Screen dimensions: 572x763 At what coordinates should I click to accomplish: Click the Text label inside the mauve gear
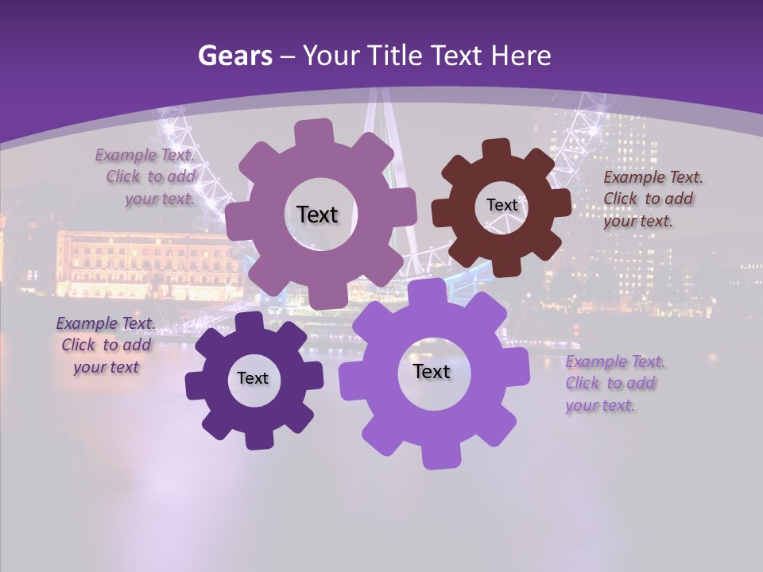click(x=317, y=214)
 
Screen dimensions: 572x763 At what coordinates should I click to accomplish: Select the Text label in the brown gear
click(x=502, y=205)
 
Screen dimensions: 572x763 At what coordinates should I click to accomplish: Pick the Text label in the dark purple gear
click(x=253, y=378)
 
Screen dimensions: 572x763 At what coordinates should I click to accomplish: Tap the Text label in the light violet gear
click(x=432, y=371)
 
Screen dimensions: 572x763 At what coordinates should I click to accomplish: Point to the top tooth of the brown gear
click(x=497, y=149)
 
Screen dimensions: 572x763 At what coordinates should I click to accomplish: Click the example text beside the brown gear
click(x=652, y=199)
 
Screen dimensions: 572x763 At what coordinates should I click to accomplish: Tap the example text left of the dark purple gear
click(x=105, y=345)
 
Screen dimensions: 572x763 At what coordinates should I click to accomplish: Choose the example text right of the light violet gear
click(x=614, y=383)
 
